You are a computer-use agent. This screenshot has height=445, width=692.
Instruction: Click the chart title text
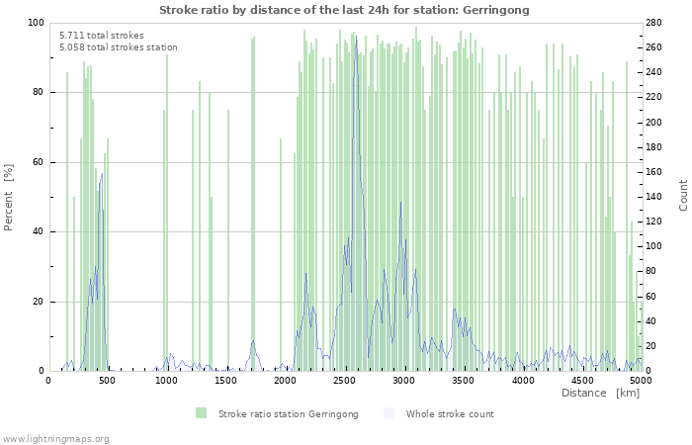coord(344,10)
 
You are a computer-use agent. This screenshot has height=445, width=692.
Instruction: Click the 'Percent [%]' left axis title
coord(9,197)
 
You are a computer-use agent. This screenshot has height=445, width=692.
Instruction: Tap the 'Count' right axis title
coord(683,195)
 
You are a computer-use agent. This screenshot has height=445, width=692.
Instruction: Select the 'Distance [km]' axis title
coord(600,393)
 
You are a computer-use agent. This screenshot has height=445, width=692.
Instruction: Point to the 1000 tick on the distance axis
coord(166,380)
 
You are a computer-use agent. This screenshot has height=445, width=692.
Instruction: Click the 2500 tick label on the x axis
coord(344,380)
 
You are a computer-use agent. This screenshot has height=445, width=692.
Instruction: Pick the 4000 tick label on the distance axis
coord(522,380)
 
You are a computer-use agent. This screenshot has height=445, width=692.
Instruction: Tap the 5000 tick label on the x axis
coord(641,380)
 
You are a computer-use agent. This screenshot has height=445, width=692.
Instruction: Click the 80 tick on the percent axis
coord(38,92)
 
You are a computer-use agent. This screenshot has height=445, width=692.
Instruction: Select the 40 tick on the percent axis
coord(38,231)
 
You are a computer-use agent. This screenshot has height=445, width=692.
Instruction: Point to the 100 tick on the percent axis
coord(35,23)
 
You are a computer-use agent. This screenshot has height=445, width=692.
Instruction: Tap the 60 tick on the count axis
coord(655,297)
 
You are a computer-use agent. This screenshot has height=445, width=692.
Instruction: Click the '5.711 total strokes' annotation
coord(101,36)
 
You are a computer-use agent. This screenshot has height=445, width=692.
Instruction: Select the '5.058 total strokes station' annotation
coord(118,47)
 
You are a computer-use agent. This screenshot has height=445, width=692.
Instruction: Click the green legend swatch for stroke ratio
coord(202,413)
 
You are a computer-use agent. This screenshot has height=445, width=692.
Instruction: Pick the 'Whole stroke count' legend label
coord(450,413)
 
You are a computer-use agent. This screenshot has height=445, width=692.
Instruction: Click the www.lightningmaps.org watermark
coord(55,438)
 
